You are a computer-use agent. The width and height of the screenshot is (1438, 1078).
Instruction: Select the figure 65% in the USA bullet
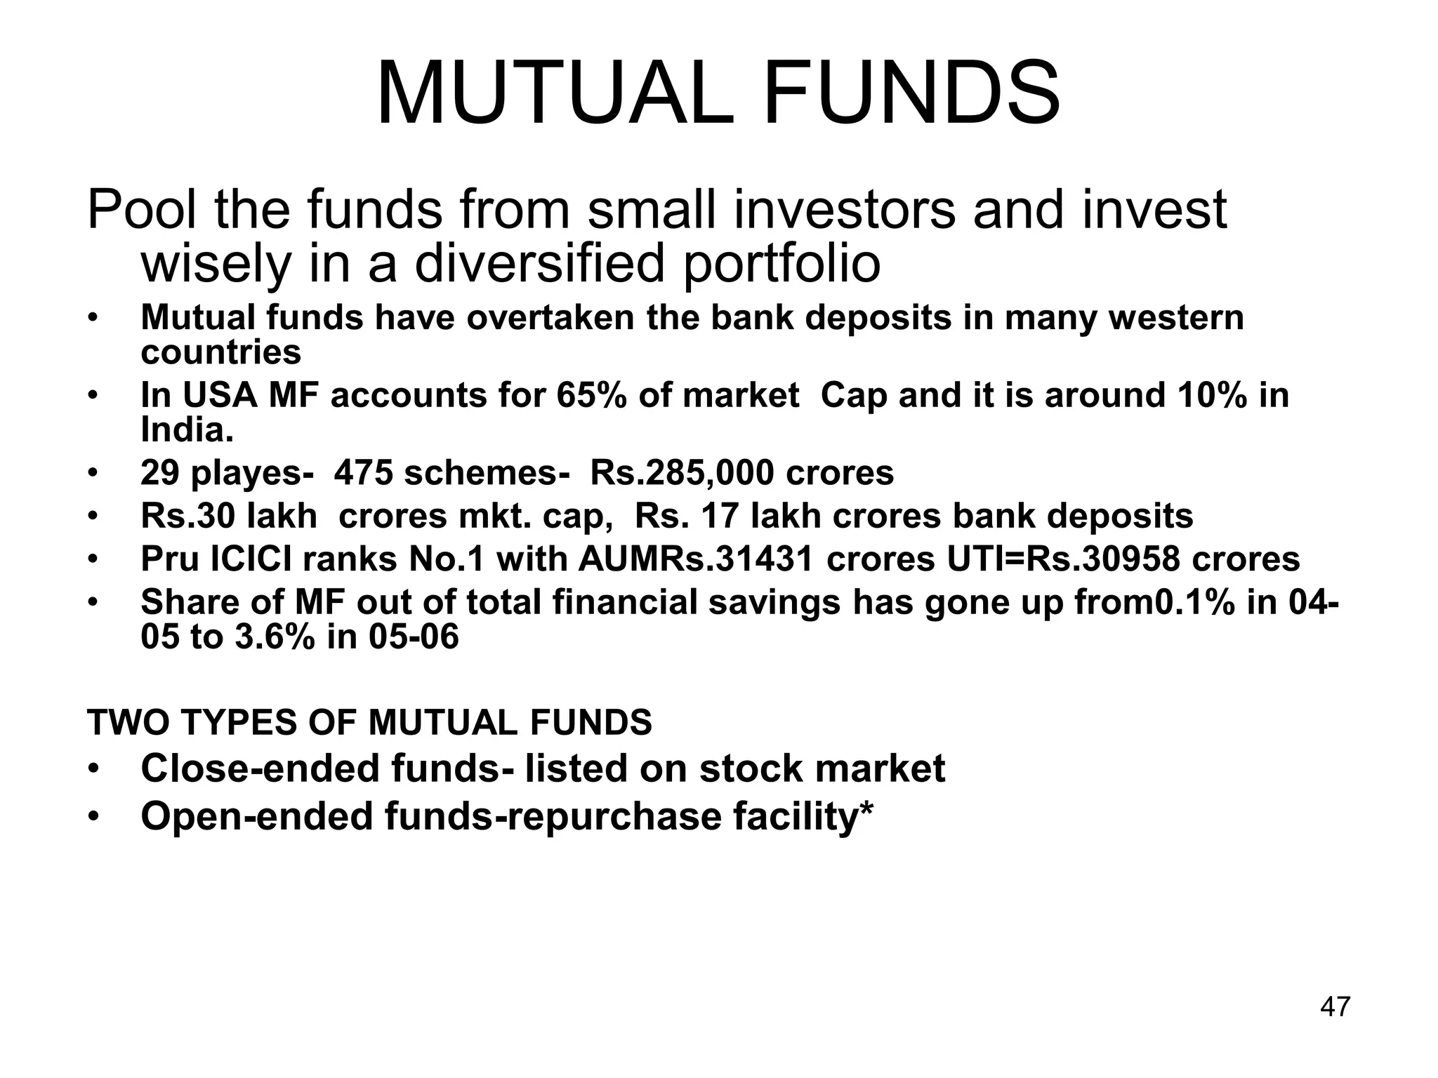591,395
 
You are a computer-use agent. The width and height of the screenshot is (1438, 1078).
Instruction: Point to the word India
186,430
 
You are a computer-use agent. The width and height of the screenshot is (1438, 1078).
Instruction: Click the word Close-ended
260,768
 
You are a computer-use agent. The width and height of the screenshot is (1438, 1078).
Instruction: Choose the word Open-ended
257,817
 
